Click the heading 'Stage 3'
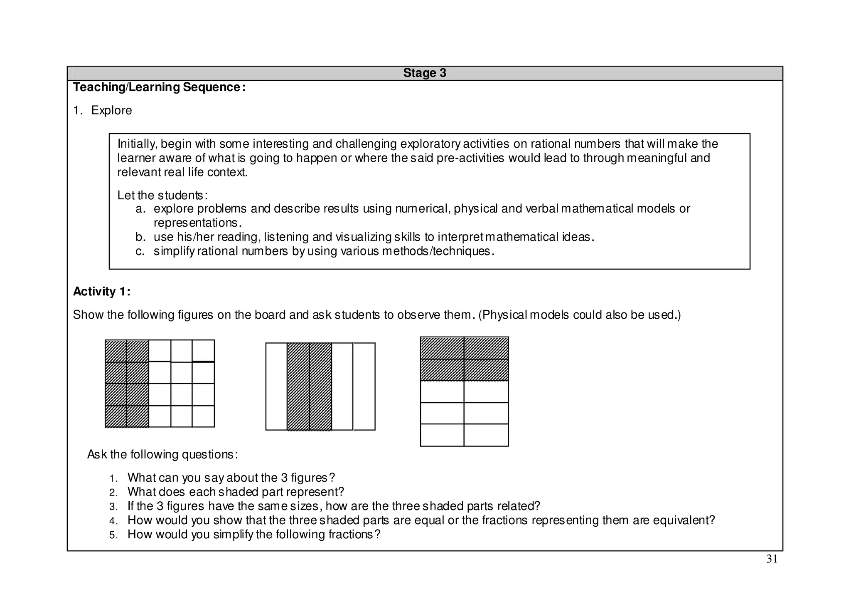click(x=424, y=73)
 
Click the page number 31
click(x=772, y=559)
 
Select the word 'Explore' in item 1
click(x=111, y=110)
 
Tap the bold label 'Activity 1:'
click(x=102, y=292)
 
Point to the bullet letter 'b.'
click(x=140, y=237)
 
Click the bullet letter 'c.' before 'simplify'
click(x=140, y=251)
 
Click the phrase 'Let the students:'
click(x=162, y=195)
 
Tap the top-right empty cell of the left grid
click(x=203, y=350)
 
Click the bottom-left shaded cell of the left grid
click(x=116, y=416)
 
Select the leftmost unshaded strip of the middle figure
click(x=276, y=386)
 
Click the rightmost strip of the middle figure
click(x=364, y=386)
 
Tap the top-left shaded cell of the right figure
click(x=442, y=348)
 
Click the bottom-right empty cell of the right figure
click(x=486, y=435)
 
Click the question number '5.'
click(x=114, y=535)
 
